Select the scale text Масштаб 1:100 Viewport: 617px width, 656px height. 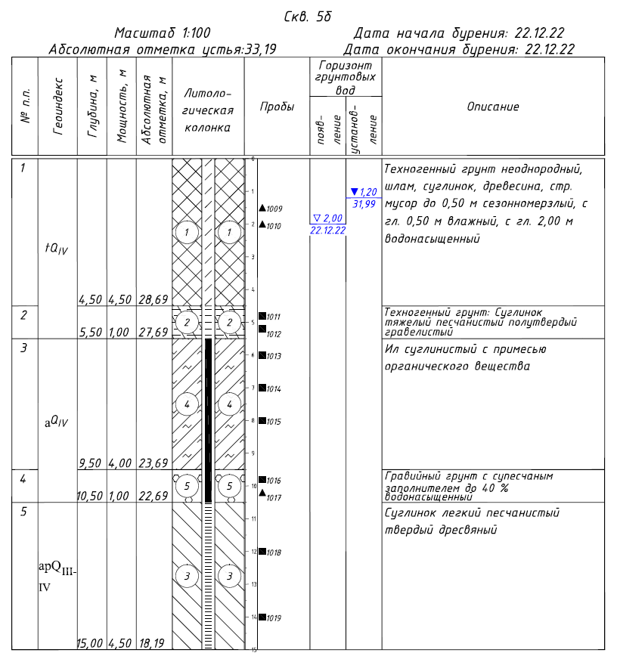(163, 33)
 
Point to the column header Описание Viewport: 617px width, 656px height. (493, 107)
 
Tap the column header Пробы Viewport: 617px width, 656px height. (277, 107)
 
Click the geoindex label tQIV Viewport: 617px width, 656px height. (57, 249)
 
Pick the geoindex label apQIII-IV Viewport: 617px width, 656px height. (57, 574)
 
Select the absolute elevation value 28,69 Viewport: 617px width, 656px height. (153, 299)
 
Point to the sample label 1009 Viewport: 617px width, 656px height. (274, 208)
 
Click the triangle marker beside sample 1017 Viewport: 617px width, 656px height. (262, 494)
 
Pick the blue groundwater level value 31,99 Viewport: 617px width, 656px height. (364, 203)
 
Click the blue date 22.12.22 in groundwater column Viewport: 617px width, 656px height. (327, 230)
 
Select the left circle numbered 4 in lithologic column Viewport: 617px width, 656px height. (186, 404)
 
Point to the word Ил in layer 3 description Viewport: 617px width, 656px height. (390, 350)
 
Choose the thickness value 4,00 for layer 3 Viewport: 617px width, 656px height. (122, 463)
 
